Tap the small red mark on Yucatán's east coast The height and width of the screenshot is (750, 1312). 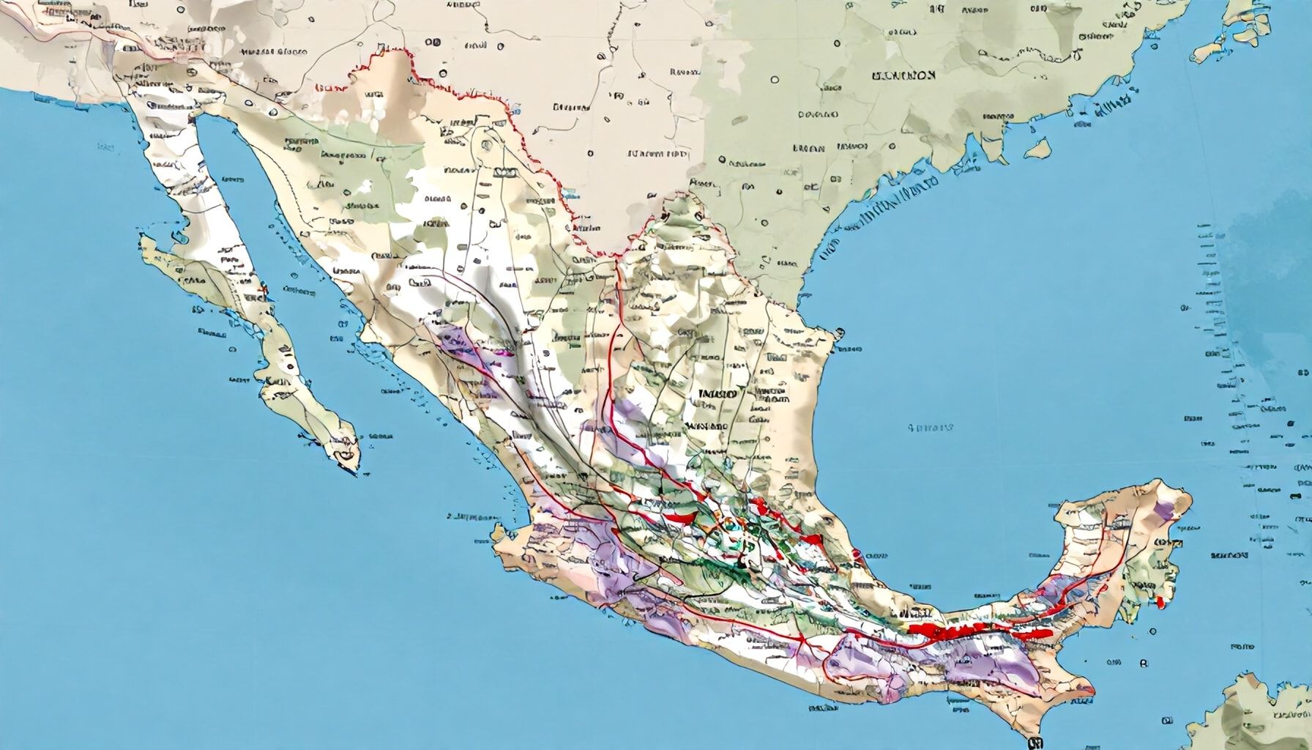click(x=1160, y=603)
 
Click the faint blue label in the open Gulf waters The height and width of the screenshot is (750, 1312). click(x=930, y=427)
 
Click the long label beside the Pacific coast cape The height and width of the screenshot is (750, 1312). click(x=467, y=516)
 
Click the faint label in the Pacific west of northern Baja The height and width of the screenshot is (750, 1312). click(x=105, y=147)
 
